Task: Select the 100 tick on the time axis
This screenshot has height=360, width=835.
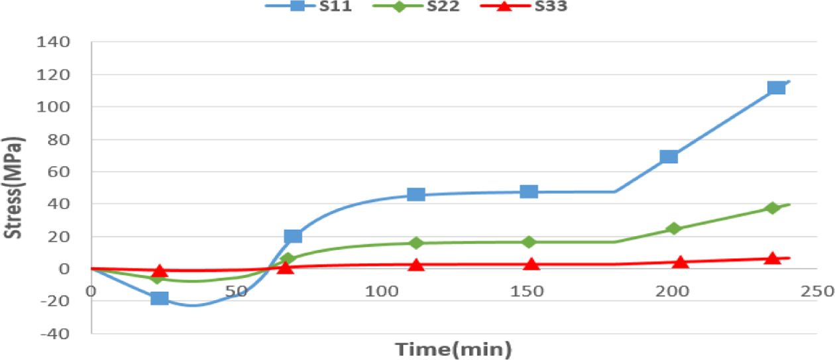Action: tap(382, 290)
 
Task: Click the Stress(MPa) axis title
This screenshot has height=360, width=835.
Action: tap(14, 187)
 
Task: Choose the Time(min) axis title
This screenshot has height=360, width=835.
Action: tap(453, 347)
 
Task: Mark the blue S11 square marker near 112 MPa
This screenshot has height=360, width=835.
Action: tap(776, 88)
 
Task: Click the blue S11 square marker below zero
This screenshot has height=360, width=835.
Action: tap(159, 298)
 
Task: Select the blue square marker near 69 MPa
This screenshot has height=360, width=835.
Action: tap(669, 156)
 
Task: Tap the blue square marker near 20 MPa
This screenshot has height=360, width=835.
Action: tap(292, 236)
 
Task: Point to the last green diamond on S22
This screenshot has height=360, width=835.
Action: tap(771, 208)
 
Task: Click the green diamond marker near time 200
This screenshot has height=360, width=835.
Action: tap(674, 229)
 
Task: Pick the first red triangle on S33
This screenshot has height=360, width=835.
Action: tap(159, 270)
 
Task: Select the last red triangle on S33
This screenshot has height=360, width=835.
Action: tap(771, 258)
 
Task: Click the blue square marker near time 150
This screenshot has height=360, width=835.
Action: tap(529, 192)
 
